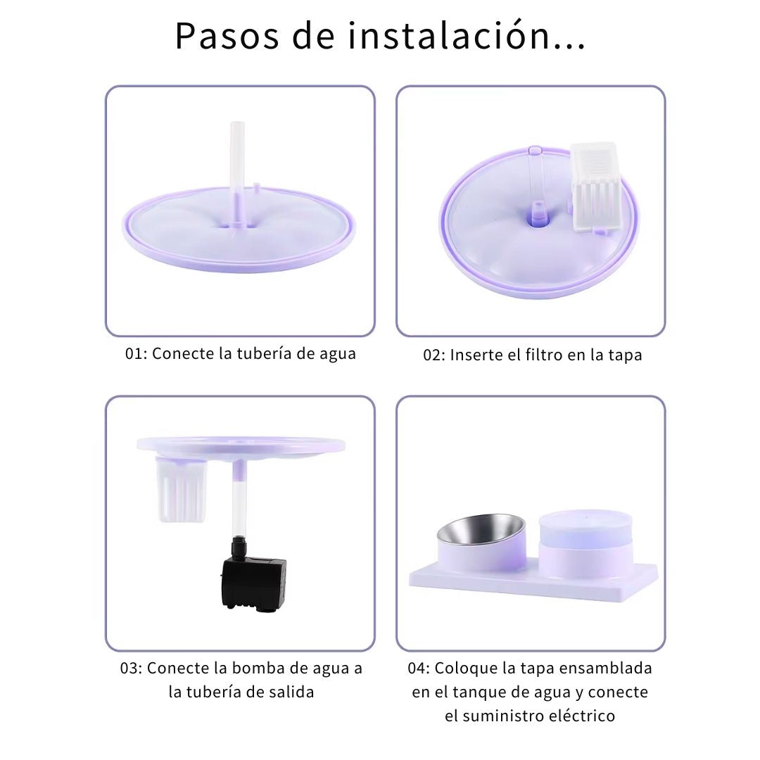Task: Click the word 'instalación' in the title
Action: click(x=449, y=35)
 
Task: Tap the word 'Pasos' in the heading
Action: click(x=227, y=36)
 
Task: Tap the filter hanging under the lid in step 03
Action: click(x=182, y=490)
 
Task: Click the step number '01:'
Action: click(x=136, y=354)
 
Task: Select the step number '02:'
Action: click(x=433, y=355)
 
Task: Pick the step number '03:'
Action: click(x=131, y=669)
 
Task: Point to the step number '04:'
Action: click(x=419, y=669)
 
